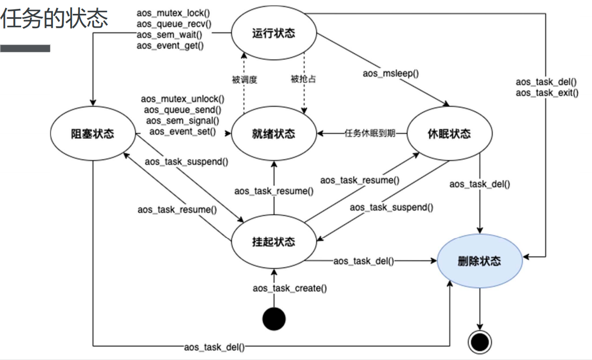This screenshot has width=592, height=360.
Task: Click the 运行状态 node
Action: [273, 34]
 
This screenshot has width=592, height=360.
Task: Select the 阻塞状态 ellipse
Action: [92, 133]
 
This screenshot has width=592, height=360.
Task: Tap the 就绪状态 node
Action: [273, 133]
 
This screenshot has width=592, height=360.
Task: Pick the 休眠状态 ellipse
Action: [449, 133]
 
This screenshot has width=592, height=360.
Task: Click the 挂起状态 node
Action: [273, 241]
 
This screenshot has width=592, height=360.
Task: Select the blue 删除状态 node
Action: [479, 261]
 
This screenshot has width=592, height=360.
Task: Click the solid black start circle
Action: [274, 319]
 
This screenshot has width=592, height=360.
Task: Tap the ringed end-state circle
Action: [479, 341]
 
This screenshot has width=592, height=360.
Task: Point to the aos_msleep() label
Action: [390, 74]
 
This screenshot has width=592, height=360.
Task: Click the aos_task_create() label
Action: [290, 288]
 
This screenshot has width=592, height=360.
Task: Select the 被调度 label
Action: [245, 79]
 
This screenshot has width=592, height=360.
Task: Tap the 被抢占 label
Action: [303, 79]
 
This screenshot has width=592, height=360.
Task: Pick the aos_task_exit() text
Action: [547, 93]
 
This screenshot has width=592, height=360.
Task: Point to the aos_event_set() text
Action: [182, 131]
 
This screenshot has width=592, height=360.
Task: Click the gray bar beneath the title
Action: [25, 48]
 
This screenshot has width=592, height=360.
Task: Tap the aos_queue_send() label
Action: [182, 110]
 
